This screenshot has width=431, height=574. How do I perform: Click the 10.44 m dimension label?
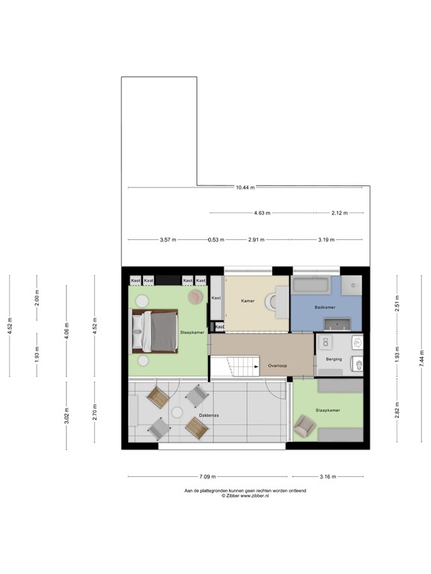click(245, 188)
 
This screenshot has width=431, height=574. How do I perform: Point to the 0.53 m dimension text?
click(216, 240)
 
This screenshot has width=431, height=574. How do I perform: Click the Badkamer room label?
click(324, 307)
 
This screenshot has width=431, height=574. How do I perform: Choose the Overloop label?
click(278, 366)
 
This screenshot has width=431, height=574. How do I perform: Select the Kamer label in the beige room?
click(248, 300)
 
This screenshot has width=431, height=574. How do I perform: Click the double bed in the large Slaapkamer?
click(155, 330)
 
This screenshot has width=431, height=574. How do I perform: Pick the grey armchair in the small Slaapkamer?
click(304, 427)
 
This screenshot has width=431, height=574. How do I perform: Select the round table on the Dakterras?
click(177, 412)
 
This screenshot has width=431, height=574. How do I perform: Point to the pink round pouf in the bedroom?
click(195, 297)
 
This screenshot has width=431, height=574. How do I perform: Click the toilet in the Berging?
click(358, 365)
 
